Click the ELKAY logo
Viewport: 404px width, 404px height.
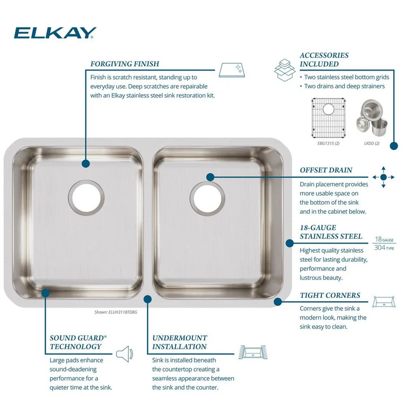[x=55, y=33]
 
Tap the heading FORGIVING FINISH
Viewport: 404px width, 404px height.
[x=124, y=64]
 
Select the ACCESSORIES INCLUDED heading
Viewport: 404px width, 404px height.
[x=324, y=60]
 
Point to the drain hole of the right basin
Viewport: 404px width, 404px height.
[x=206, y=197]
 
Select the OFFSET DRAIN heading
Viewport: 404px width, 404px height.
[x=326, y=170]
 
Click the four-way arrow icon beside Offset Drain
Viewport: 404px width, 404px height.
[x=384, y=177]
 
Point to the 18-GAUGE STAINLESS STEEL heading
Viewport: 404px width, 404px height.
[x=331, y=232]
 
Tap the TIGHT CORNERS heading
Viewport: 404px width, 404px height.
[x=330, y=296]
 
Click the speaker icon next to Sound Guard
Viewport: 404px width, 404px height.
[x=124, y=354]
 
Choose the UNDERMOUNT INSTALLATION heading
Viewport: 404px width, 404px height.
[x=179, y=342]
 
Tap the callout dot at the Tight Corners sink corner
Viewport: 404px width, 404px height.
[x=278, y=302]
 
